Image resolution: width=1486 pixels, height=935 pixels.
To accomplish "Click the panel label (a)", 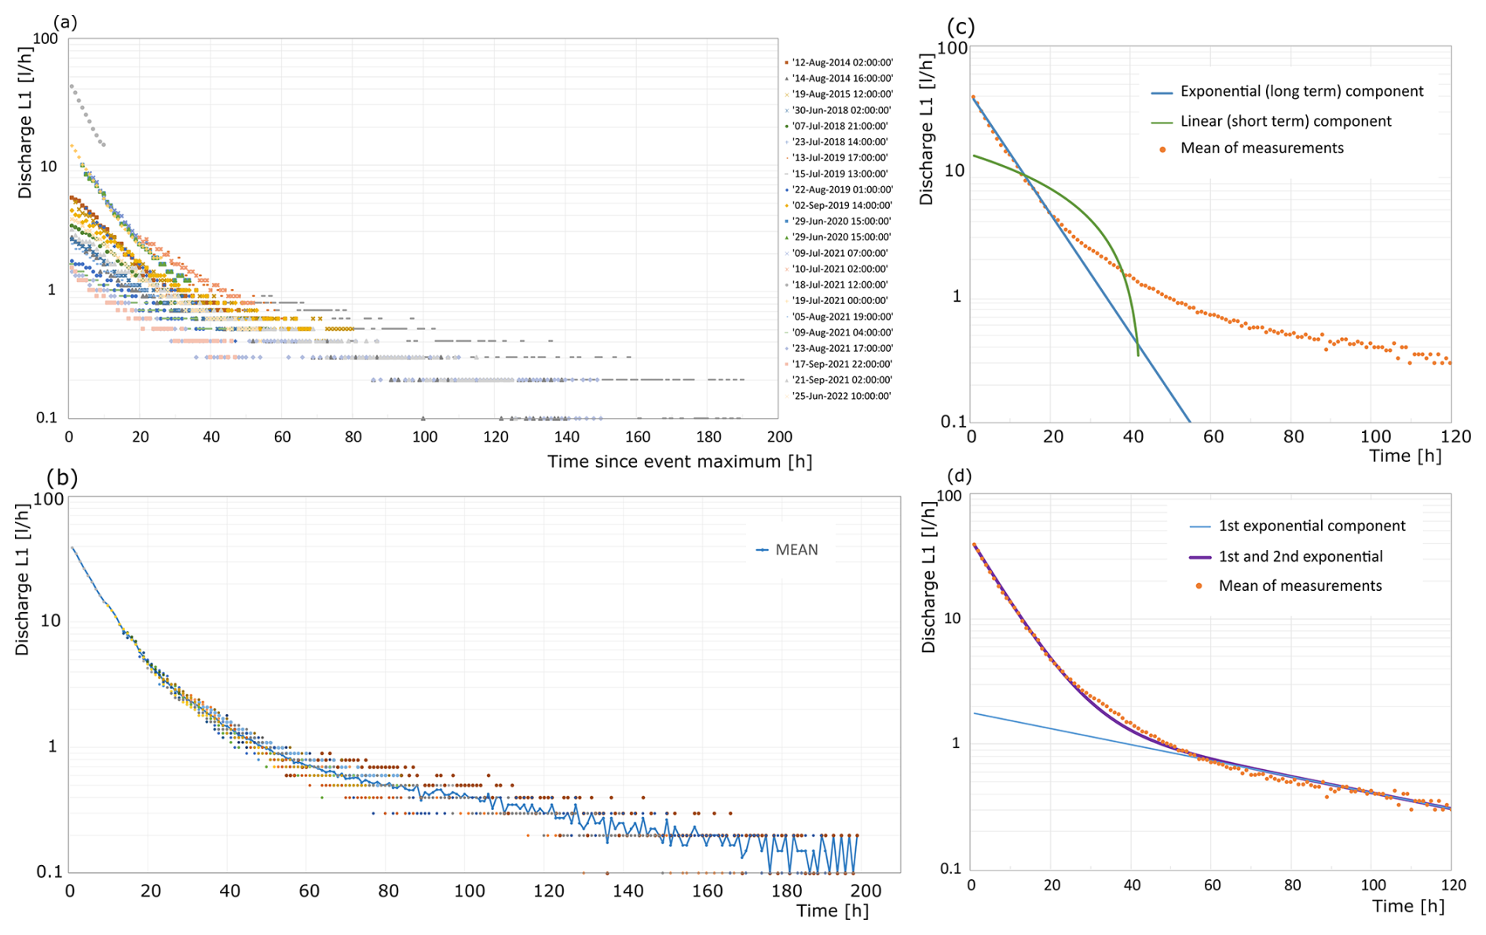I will pos(64,22).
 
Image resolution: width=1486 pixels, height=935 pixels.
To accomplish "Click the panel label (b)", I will pos(61,477).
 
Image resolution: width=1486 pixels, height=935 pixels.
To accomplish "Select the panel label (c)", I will pos(961,27).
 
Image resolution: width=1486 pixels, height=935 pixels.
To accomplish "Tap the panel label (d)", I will pos(960,475).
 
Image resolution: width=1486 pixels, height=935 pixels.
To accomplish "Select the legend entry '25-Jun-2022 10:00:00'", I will pos(841,396).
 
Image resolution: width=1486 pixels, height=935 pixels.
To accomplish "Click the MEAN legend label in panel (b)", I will pos(796,550).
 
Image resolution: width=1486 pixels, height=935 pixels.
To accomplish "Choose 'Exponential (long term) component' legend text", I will pos(1301,91).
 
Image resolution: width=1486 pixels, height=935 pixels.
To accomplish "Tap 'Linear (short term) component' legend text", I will pos(1286,121).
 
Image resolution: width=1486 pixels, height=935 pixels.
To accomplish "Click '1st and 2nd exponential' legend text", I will pos(1300,556).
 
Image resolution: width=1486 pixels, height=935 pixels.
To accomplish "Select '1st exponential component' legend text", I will pos(1312,526).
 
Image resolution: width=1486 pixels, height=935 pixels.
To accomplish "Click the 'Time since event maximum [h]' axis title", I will pos(679,461).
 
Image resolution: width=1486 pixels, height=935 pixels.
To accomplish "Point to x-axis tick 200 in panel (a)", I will pos(779,437).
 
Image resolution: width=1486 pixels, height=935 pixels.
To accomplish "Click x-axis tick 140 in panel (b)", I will pos(628,891).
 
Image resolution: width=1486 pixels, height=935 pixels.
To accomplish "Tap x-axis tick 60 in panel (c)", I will pos(1213,437).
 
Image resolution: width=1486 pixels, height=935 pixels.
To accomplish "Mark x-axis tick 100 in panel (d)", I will pos(1373,885).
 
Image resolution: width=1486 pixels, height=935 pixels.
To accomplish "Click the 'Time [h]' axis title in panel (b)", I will pos(832,911).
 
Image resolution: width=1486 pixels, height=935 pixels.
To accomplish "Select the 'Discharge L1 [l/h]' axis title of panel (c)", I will pos(927,130).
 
